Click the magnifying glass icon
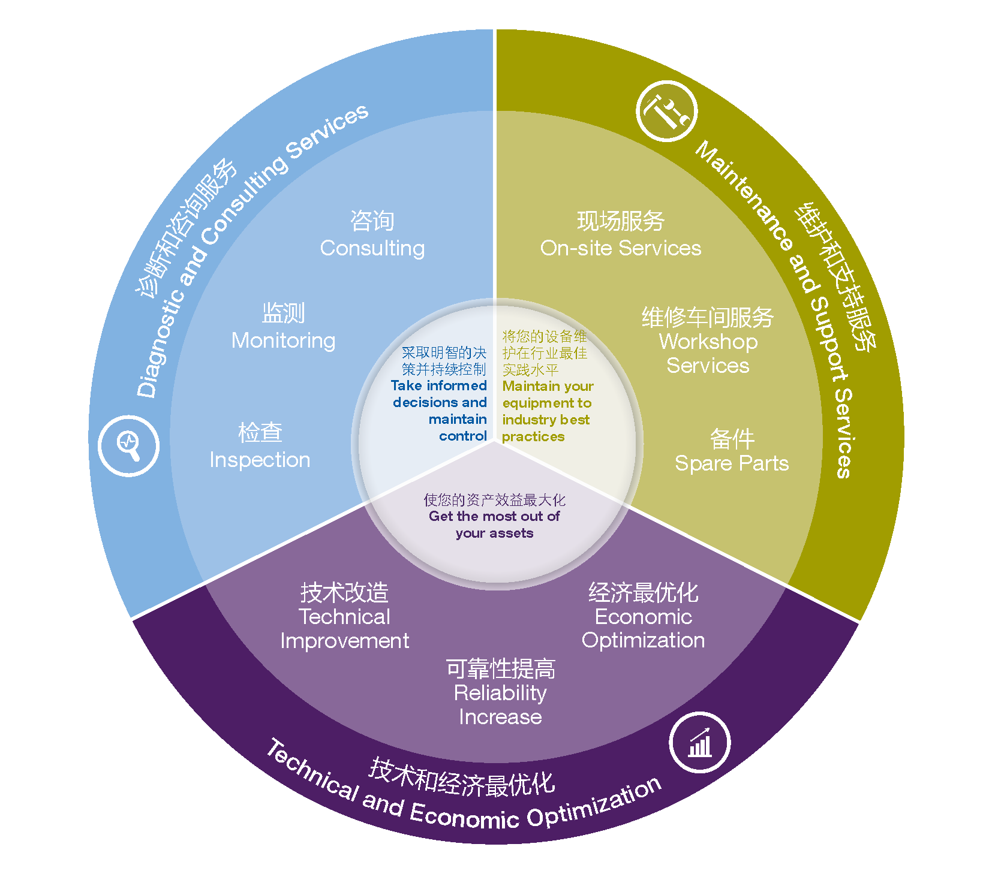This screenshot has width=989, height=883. click(128, 445)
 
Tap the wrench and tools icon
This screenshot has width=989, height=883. click(666, 111)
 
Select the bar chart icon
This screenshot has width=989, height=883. click(699, 743)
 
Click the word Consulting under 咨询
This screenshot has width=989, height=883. click(372, 248)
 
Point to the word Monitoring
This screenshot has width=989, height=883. click(284, 340)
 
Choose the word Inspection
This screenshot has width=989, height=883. click(260, 460)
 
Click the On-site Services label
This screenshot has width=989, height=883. click(621, 248)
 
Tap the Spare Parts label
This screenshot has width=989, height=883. click(732, 463)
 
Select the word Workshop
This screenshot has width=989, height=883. click(708, 342)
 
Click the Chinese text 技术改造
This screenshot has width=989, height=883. click(344, 593)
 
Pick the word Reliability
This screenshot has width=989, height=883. click(500, 693)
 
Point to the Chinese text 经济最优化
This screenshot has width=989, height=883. click(644, 592)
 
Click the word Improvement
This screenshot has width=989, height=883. click(344, 641)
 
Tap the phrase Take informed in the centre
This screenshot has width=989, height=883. click(438, 385)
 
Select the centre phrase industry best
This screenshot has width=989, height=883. click(546, 420)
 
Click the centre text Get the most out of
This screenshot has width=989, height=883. click(494, 516)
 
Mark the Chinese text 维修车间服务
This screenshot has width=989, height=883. click(708, 317)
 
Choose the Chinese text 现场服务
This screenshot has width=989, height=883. click(621, 221)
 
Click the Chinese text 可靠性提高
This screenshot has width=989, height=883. click(500, 668)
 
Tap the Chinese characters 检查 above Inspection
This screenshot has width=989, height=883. click(260, 433)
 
